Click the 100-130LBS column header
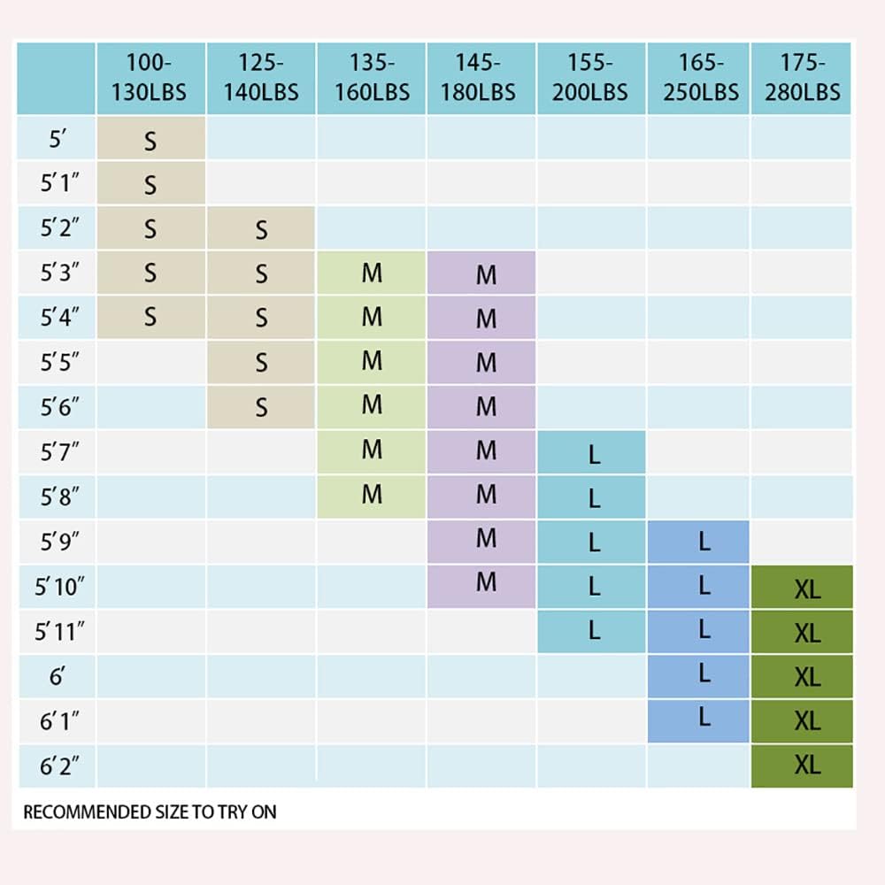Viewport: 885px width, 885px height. (x=150, y=78)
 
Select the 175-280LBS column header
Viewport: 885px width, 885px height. (x=802, y=78)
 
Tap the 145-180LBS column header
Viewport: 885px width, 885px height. (x=481, y=78)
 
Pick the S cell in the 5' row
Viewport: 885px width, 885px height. (x=150, y=140)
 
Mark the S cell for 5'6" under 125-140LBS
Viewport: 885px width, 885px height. (x=261, y=407)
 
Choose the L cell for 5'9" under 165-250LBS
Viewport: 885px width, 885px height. (x=704, y=542)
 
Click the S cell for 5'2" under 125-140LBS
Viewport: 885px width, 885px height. (x=261, y=229)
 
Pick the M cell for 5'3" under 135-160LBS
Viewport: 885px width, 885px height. (x=372, y=273)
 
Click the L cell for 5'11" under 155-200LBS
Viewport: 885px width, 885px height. (x=594, y=630)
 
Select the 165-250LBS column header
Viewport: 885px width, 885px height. (x=699, y=78)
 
